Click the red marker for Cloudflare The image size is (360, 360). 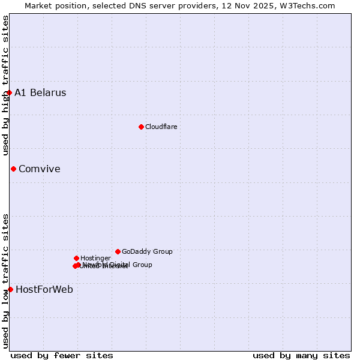141,127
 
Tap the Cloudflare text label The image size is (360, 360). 161,127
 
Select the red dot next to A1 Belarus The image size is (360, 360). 9,92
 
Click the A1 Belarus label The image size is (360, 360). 40,92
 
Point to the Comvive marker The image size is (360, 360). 13,169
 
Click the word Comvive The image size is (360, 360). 40,169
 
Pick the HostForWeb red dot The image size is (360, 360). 10,289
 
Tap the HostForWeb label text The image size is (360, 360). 44,289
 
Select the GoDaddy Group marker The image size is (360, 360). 118,251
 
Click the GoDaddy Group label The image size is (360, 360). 147,251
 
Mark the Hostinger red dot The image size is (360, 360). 76,258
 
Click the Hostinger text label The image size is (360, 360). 95,258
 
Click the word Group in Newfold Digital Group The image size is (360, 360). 142,265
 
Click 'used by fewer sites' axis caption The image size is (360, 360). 62,355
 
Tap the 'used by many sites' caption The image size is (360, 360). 301,355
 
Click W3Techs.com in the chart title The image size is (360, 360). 312,5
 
